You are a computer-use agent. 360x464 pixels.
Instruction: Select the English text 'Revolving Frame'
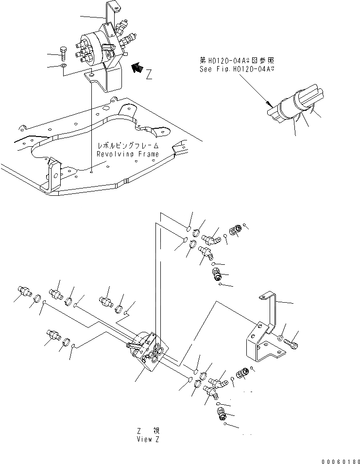click(x=127, y=154)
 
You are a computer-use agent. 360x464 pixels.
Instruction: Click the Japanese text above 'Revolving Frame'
click(x=127, y=146)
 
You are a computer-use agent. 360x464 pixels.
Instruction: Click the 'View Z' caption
click(x=147, y=439)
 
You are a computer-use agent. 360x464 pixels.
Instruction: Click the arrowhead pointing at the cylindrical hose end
click(x=268, y=103)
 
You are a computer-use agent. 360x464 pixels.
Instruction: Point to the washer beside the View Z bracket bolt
click(x=282, y=336)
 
